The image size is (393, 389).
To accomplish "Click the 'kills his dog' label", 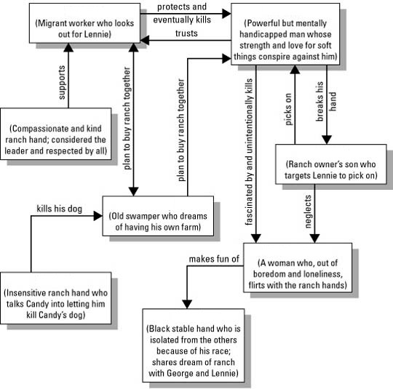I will click(59, 209).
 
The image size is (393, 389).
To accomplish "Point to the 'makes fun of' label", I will click(214, 259).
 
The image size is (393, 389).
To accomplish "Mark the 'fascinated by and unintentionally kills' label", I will click(250, 151).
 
